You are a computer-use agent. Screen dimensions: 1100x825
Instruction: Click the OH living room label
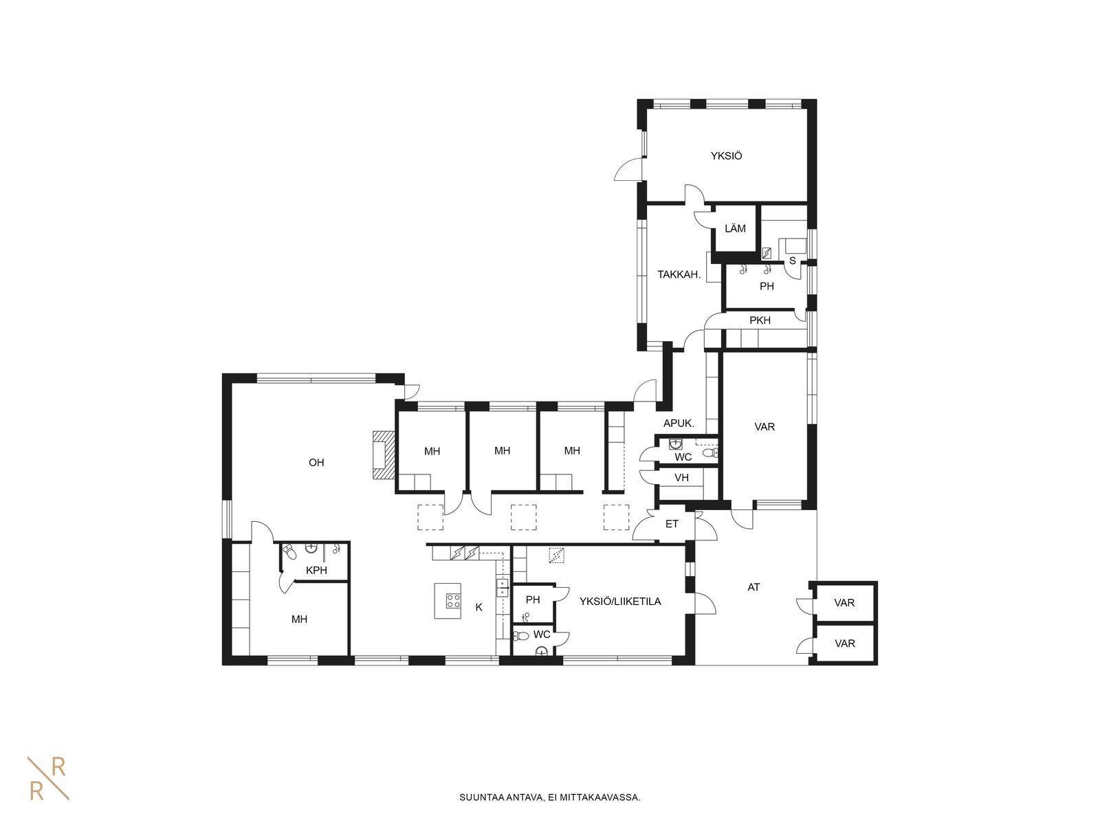316,462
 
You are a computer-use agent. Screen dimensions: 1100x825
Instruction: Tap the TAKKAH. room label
679,274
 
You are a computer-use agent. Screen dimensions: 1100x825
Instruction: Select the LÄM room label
735,228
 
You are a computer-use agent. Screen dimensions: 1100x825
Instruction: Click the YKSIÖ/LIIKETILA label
620,602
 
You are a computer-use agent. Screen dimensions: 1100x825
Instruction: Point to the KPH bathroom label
316,570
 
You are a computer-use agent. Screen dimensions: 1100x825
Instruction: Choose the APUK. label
679,423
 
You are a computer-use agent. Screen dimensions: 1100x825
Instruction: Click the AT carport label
753,587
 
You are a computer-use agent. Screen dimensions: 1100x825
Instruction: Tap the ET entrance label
672,524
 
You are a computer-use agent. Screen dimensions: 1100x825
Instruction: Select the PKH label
760,320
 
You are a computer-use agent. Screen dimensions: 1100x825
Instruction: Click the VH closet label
681,478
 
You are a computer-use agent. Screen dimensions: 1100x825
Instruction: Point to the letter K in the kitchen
479,607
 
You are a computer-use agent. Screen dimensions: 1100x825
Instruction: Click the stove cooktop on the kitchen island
454,601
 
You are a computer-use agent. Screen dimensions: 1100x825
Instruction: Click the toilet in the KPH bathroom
289,552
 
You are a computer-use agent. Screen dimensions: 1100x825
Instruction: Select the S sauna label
792,261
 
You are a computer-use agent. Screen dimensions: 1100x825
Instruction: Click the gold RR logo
48,778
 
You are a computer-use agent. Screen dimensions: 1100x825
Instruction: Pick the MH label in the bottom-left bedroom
299,619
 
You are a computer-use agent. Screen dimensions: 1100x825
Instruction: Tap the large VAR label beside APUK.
764,427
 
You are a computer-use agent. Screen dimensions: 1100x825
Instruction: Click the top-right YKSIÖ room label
726,156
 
